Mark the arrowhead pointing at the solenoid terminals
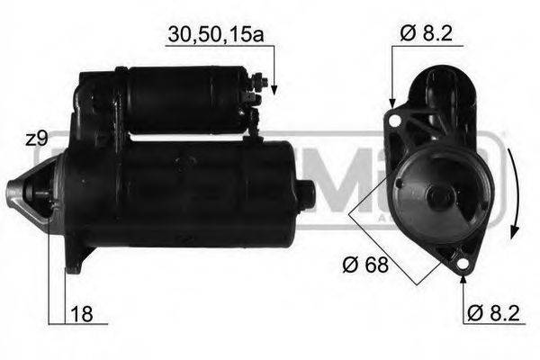coord(274,88)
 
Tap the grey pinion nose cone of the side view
coord(20,192)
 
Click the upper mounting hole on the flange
coord(392,118)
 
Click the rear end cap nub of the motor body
coord(305,193)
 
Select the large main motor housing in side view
coord(180,193)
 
